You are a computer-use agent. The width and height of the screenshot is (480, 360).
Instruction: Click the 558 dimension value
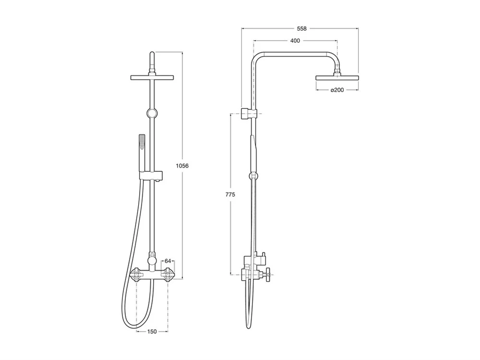(x=301, y=29)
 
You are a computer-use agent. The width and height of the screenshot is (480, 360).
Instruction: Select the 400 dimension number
(x=295, y=41)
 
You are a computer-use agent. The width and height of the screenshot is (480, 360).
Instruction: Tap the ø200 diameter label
(x=337, y=90)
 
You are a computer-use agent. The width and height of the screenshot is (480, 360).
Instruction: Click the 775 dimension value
(x=230, y=194)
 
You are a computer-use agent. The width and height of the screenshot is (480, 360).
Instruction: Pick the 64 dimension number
(x=168, y=261)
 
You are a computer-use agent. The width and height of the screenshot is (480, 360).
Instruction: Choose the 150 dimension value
(x=152, y=332)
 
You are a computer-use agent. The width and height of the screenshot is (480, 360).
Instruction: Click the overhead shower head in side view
(x=337, y=77)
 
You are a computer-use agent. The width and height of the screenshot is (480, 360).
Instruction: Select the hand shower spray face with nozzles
(x=142, y=142)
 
